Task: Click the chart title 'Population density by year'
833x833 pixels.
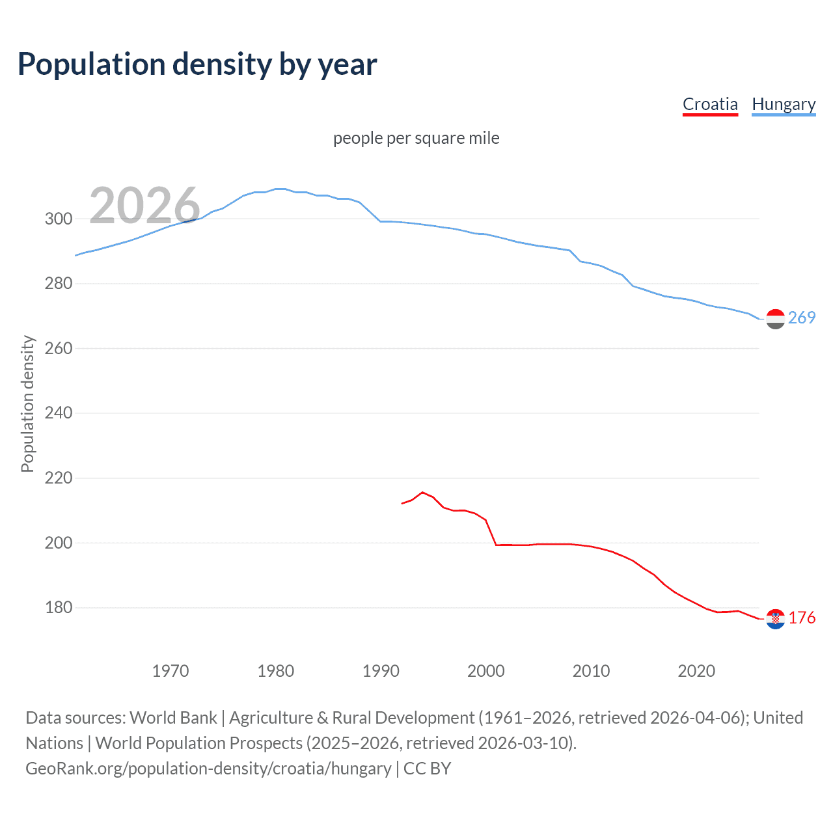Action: click(x=197, y=64)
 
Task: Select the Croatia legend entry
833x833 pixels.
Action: click(x=710, y=104)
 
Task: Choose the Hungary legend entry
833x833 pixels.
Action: click(x=784, y=104)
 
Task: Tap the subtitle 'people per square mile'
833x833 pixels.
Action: click(x=416, y=138)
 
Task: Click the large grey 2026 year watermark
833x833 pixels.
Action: click(x=144, y=206)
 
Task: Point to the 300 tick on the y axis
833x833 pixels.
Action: click(x=59, y=219)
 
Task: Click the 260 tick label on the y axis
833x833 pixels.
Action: click(x=59, y=348)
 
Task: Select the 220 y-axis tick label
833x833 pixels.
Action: click(x=59, y=478)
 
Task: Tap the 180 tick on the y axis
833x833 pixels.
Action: click(x=59, y=607)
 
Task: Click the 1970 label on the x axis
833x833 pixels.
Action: click(x=171, y=670)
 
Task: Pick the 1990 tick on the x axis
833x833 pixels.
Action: click(x=381, y=670)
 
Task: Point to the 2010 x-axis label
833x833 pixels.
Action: click(x=591, y=670)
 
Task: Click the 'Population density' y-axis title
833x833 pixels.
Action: click(x=27, y=403)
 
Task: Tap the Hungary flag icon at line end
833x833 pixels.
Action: click(x=775, y=319)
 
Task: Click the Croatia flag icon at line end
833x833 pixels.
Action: click(x=775, y=619)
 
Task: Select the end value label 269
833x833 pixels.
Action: click(x=802, y=318)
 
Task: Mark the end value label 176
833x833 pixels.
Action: click(x=802, y=618)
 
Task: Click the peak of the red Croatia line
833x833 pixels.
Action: click(x=422, y=492)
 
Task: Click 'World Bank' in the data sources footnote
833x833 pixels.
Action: click(x=173, y=718)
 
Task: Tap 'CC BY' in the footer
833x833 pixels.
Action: click(x=427, y=769)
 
